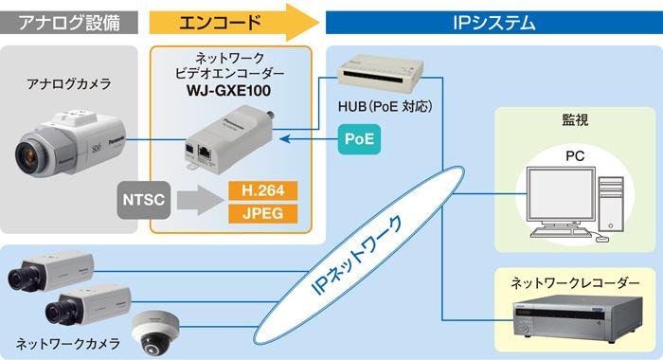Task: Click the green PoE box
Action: coord(358,139)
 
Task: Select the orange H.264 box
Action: coord(262,189)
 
